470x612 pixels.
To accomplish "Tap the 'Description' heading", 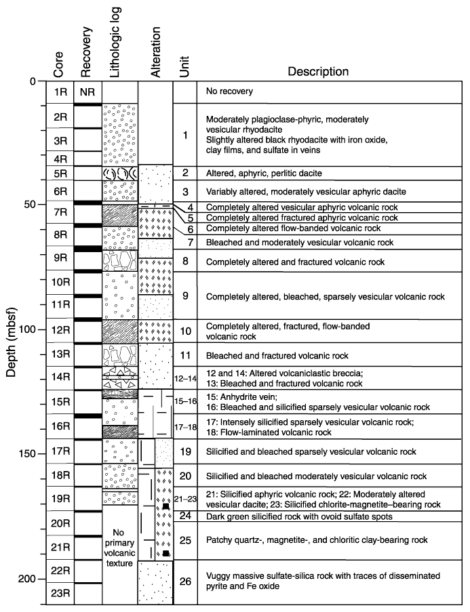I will coord(318,71).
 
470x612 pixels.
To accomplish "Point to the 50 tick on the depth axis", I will coord(41,205).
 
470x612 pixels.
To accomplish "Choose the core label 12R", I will coord(59,330).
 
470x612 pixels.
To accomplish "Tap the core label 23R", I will coord(59,594).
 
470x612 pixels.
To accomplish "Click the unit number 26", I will coord(184,581).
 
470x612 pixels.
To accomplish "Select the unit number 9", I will coord(184,296).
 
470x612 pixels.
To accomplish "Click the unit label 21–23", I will coord(184,499).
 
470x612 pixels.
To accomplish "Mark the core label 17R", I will coord(59,451).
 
